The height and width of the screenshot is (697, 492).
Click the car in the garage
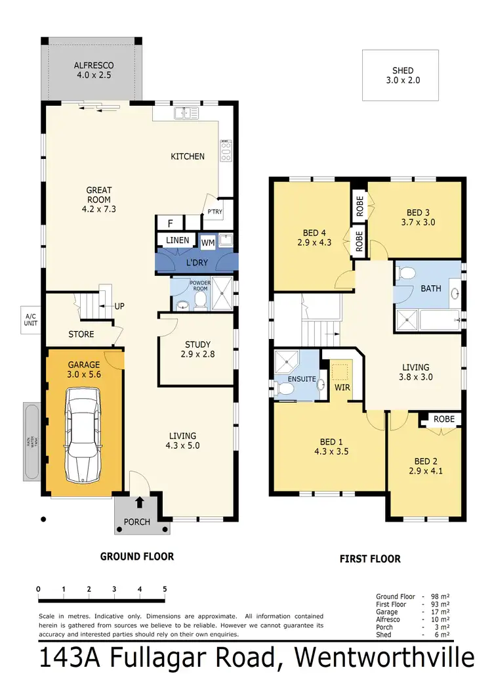coord(82,434)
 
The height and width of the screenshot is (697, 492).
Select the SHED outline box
coord(400,76)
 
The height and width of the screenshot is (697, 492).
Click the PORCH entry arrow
coord(139,504)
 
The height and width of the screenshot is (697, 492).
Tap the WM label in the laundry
coord(208,243)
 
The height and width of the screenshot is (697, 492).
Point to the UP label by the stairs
coord(119,306)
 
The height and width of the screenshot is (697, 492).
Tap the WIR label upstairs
coord(342,388)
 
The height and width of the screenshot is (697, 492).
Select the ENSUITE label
coord(303,379)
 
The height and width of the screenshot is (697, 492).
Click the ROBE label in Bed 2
coord(443,418)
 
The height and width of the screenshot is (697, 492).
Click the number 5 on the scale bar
coord(165,589)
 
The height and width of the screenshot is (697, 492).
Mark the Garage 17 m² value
coord(441,612)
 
